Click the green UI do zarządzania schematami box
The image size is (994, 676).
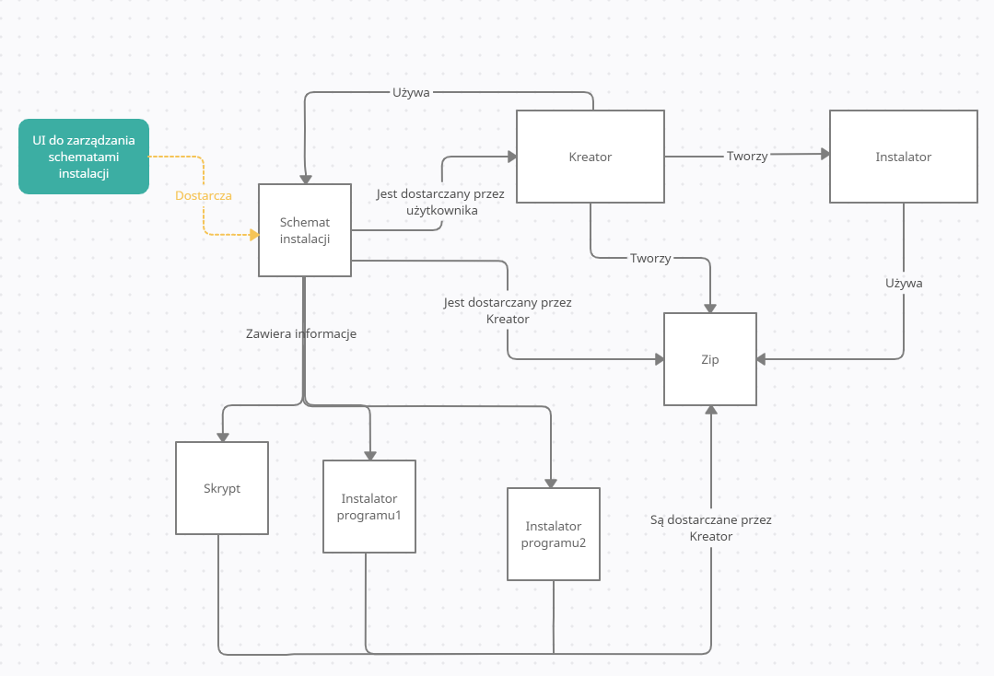click(x=84, y=157)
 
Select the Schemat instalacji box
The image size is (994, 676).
click(x=305, y=230)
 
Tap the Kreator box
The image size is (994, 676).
click(x=591, y=157)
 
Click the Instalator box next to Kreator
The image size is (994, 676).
click(x=903, y=157)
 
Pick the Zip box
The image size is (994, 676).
click(x=710, y=359)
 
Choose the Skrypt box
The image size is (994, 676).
click(x=222, y=488)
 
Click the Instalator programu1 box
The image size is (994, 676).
click(x=369, y=507)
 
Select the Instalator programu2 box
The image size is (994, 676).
click(x=554, y=534)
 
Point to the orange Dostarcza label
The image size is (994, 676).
click(x=204, y=195)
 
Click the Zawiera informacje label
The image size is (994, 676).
click(x=301, y=333)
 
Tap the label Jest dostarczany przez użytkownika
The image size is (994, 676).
click(x=440, y=203)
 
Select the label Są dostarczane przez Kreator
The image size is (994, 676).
click(x=710, y=528)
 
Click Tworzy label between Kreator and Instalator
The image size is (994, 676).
click(x=746, y=156)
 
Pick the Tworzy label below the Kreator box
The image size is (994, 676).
click(x=650, y=258)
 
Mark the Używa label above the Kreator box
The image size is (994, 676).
click(x=412, y=92)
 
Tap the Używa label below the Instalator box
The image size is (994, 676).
click(x=904, y=283)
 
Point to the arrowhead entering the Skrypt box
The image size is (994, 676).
click(x=222, y=436)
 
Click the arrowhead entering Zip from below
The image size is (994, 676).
click(x=710, y=411)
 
